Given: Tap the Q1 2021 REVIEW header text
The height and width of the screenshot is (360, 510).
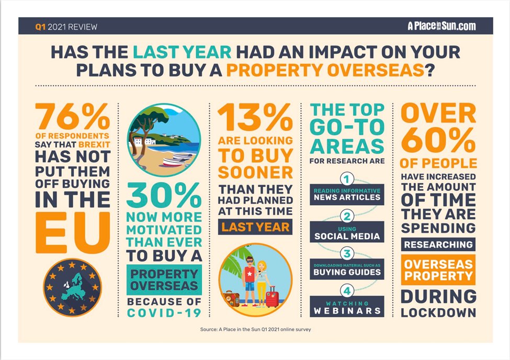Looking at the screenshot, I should tap(66, 27).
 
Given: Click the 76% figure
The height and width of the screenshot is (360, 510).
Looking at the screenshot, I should tap(72, 118).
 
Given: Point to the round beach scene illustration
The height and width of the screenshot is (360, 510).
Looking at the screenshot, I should tap(164, 140).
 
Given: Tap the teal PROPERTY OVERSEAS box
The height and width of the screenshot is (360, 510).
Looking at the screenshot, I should tap(164, 280).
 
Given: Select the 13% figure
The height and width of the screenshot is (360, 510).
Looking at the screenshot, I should tap(255, 118).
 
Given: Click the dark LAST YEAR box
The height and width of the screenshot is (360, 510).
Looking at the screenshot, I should tap(255, 228).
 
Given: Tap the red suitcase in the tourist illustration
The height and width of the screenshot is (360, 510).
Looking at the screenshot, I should tap(272, 297).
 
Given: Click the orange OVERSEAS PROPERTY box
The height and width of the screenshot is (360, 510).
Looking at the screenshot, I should tap(438, 269).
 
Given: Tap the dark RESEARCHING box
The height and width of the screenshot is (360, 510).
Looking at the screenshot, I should tap(438, 244).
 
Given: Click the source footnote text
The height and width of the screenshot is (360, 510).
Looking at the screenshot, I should tap(255, 330).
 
